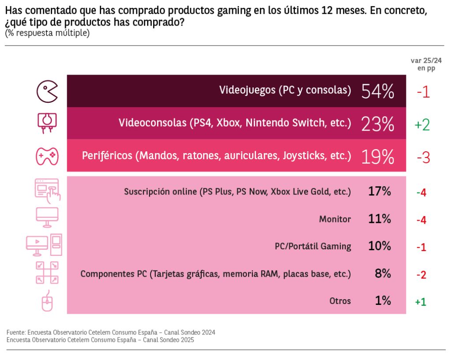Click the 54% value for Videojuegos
pos(377,91)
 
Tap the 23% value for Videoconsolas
pos(377,124)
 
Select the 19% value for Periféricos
pos(377,157)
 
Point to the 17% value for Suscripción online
pos(380,191)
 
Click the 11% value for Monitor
pos(380,219)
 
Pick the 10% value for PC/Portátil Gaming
pos(380,246)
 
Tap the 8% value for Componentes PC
pos(383,274)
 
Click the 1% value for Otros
pos(383,301)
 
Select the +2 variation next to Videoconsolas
pos(422,125)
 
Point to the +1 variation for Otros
pos(420,302)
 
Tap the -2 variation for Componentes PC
pos(421,275)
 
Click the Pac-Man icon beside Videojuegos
pos(46,91)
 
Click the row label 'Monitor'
pos(335,219)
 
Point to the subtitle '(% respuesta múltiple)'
pos(47,33)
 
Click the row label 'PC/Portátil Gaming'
pos(313,247)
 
